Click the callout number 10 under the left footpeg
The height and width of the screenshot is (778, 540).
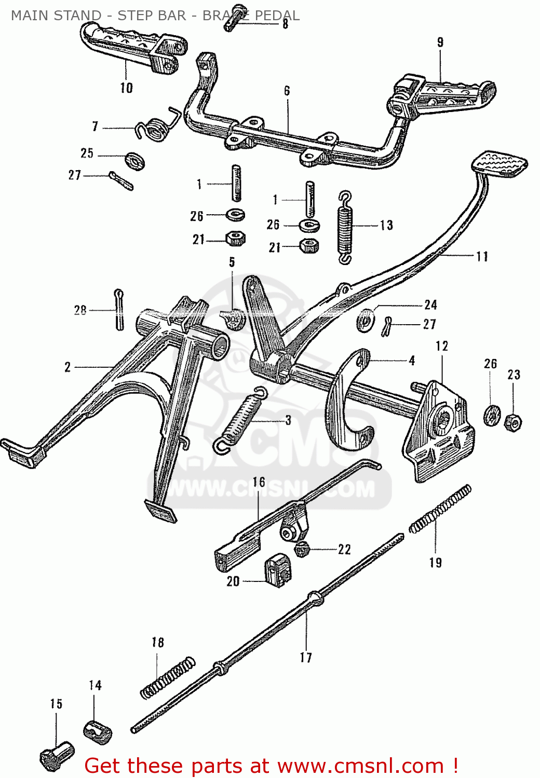127,88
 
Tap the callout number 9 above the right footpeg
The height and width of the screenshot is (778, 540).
440,43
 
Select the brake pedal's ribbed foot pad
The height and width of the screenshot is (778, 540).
500,163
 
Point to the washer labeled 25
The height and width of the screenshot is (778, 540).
135,161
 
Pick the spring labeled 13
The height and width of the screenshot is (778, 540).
345,227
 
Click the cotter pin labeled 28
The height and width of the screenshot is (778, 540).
119,309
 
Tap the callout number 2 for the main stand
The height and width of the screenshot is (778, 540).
67,367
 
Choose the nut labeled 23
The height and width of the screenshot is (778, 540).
513,423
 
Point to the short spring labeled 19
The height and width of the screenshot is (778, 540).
440,509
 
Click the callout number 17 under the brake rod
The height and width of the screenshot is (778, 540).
306,658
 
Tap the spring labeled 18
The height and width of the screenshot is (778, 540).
168,677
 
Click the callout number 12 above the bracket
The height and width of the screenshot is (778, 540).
442,346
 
